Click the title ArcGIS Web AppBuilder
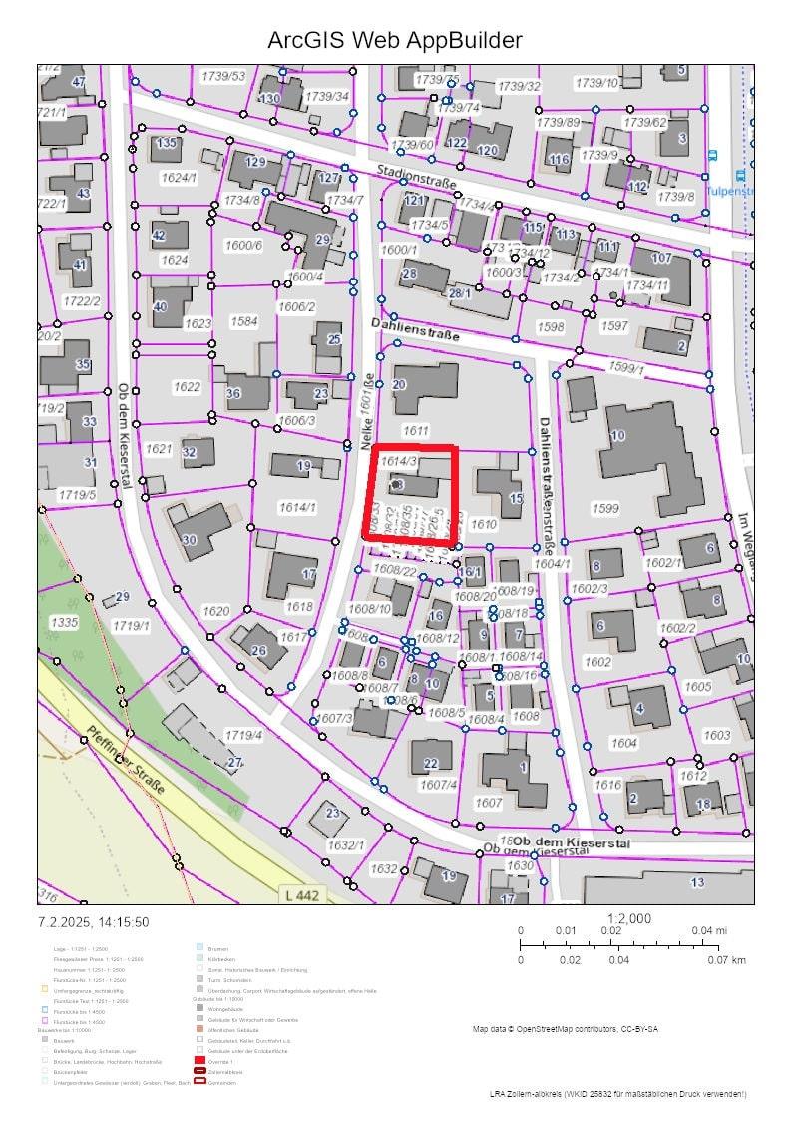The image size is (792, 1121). coord(395,40)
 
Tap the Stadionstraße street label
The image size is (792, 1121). coord(417,177)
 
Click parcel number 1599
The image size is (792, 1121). coord(605,509)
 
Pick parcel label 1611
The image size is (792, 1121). coord(415,430)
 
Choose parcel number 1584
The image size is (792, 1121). coord(244,321)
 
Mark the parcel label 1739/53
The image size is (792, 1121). coord(223,76)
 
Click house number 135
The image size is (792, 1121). coord(166,143)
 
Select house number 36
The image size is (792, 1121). coord(233,393)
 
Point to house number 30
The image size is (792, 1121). coord(190,540)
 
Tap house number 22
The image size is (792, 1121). coord(431,764)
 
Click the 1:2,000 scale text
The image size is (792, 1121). coord(628,918)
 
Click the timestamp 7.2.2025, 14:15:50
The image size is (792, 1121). coord(94,922)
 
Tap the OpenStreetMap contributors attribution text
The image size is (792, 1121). coord(565,1028)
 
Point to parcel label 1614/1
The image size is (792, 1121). coord(296,508)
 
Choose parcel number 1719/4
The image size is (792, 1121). coord(243,735)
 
